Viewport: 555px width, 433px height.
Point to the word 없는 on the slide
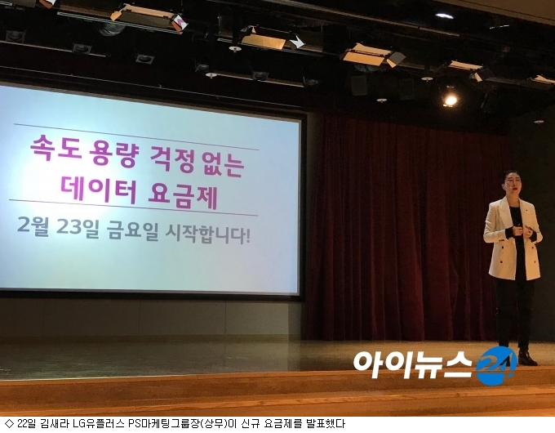(x=220, y=164)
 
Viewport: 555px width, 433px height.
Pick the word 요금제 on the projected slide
(x=182, y=195)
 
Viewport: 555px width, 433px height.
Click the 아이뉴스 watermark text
(x=413, y=364)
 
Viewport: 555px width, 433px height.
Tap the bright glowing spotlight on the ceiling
(x=450, y=100)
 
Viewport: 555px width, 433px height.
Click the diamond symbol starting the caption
(x=10, y=423)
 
